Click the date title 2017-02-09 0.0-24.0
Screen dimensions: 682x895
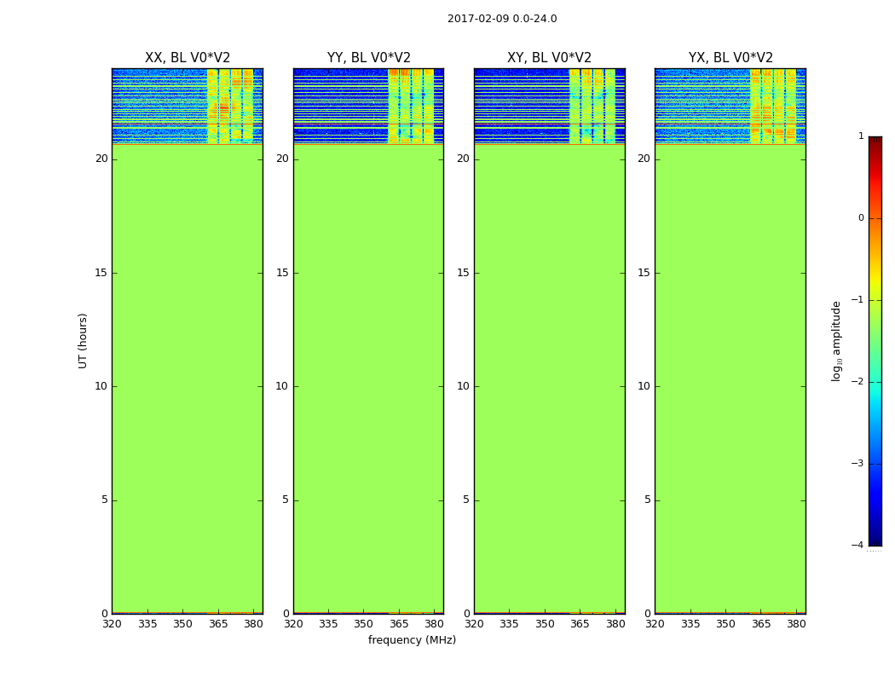502,19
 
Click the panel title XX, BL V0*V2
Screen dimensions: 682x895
188,58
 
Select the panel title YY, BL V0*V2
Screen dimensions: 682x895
368,58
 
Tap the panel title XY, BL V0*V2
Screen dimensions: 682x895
549,58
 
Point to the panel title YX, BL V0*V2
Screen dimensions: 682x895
730,58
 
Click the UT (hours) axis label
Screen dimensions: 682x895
84,340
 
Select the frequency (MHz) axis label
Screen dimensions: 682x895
412,640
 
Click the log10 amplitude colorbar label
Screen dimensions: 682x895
837,340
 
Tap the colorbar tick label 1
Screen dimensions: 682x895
861,136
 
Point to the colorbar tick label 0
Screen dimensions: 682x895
861,218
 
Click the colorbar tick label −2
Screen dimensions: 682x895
858,382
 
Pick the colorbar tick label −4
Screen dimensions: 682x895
858,546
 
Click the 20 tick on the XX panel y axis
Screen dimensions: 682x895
101,159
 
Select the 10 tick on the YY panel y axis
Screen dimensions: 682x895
282,386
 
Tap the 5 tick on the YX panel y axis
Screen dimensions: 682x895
647,500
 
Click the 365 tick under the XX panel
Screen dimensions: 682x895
218,624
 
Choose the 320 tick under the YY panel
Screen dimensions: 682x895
293,624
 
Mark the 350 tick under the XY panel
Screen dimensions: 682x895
545,624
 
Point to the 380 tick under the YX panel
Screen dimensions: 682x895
796,624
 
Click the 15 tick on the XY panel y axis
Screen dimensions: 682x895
463,273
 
